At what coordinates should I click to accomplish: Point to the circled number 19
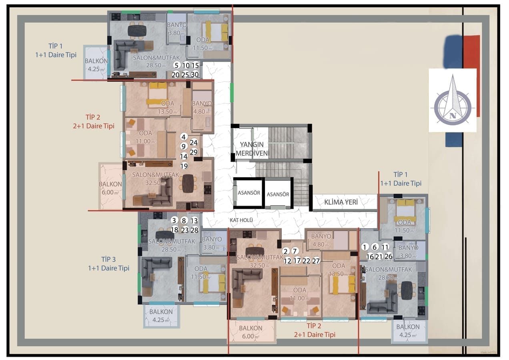[184, 166]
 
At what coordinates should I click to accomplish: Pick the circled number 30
[195, 74]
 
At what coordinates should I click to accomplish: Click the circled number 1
[365, 247]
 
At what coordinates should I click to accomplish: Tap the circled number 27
[316, 260]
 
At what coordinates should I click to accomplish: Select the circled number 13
[194, 220]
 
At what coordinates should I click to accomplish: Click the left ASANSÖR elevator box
[249, 193]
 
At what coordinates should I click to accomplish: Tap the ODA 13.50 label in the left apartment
[159, 107]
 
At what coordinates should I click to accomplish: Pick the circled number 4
[184, 136]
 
